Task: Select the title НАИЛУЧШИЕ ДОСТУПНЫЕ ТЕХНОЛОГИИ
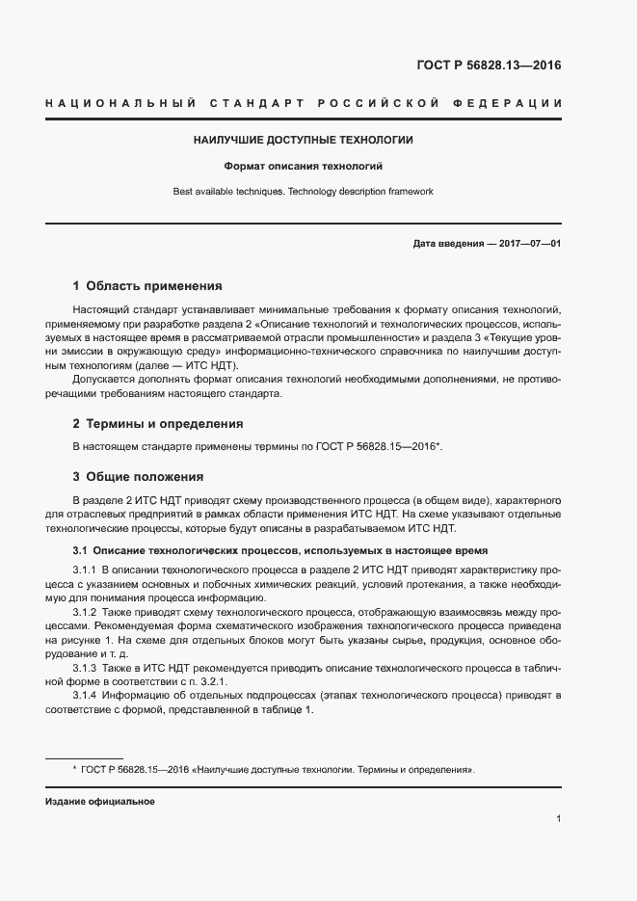304,141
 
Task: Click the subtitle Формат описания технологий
304,166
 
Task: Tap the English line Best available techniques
304,192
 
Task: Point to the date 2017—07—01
527,244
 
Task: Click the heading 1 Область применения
147,286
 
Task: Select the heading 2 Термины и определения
158,423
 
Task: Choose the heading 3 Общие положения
138,476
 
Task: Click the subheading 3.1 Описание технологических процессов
279,550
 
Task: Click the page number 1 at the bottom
558,819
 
